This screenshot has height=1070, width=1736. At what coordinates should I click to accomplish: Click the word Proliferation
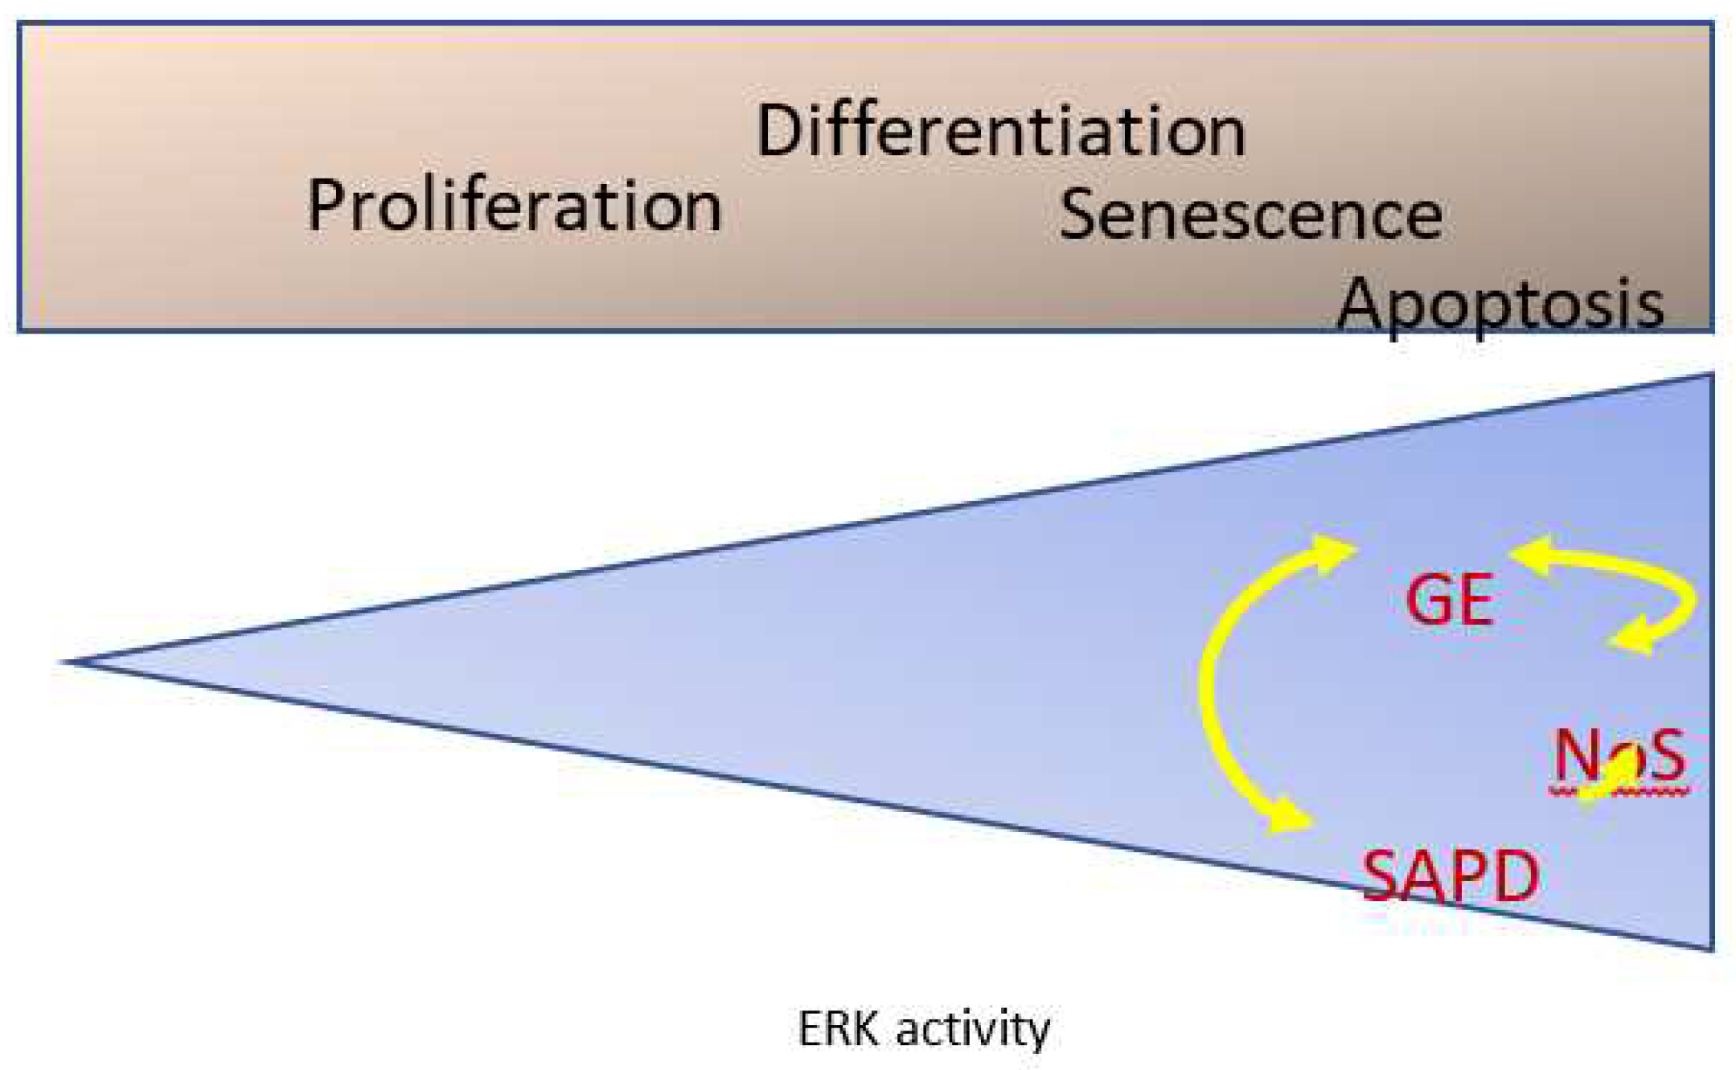[x=515, y=207]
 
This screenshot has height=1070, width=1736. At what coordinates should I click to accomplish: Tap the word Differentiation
[x=1001, y=133]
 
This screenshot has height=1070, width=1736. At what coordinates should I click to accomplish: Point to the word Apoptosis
[x=1500, y=305]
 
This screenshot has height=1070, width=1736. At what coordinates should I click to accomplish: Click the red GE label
[x=1449, y=601]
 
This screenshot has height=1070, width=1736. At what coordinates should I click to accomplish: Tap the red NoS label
[x=1618, y=756]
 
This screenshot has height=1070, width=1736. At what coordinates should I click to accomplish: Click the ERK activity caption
[x=924, y=1028]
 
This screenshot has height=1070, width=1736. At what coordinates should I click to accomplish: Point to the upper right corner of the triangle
[x=1711, y=375]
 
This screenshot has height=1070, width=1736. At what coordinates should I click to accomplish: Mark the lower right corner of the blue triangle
[x=1711, y=949]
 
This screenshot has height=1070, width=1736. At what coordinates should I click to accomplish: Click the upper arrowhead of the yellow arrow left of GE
[x=1336, y=554]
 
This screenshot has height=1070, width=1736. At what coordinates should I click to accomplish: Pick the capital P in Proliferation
[x=326, y=206]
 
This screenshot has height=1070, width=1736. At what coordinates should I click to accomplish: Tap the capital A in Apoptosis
[x=1361, y=304]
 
